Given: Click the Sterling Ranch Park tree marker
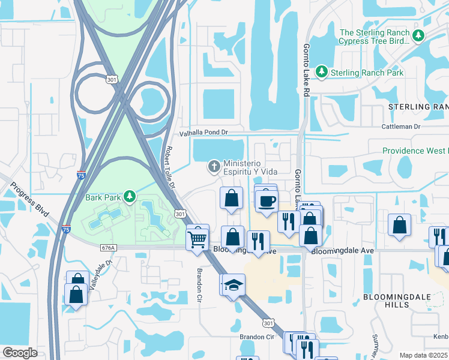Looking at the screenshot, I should point(322,73).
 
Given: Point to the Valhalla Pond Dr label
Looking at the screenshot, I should point(205,134).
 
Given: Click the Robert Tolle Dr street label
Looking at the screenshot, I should point(170,167).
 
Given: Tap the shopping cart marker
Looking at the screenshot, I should point(197,238).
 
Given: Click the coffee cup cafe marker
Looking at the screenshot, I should point(266,200).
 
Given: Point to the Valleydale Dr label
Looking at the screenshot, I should point(101,275).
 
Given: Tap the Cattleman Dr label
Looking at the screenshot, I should point(401,127).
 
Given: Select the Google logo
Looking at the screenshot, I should point(21,353).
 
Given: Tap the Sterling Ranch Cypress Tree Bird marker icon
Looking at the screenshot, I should point(418,37).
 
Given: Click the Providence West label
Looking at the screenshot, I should point(415,151).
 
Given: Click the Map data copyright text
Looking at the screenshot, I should point(424,355).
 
